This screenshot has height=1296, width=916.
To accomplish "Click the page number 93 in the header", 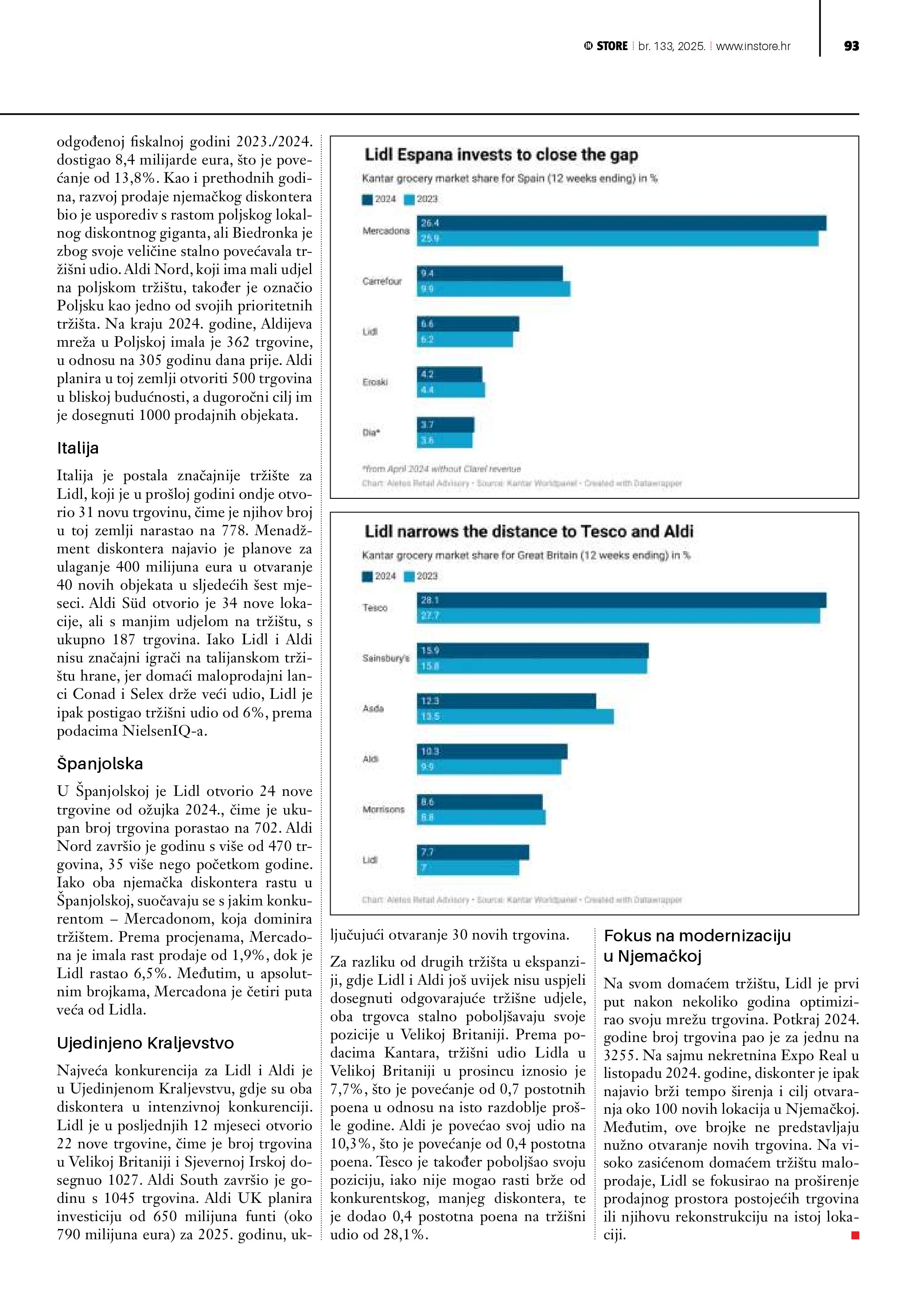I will (851, 46).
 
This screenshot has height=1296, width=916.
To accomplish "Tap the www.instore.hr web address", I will (753, 46).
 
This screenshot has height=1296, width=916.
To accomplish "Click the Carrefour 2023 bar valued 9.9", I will (494, 289).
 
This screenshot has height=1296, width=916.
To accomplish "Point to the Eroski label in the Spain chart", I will (375, 382).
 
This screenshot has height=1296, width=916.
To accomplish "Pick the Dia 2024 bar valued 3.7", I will (445, 424).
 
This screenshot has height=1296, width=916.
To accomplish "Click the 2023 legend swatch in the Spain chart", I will (409, 199).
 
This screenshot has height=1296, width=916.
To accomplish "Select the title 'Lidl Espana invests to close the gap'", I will (501, 155).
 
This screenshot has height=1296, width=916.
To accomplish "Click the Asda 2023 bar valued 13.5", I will (515, 717).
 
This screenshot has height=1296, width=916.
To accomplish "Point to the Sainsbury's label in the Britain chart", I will (386, 658).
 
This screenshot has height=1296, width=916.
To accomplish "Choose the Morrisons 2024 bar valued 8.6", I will (479, 802).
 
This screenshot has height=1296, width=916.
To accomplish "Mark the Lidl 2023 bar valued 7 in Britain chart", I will (468, 868).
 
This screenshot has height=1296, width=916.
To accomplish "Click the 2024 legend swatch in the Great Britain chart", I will (368, 576).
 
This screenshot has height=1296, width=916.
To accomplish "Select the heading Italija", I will (78, 448).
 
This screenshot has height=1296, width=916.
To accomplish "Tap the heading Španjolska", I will (100, 764).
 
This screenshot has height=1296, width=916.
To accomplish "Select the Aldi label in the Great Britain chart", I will (370, 759).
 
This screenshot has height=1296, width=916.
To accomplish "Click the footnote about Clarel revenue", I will (441, 469).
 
